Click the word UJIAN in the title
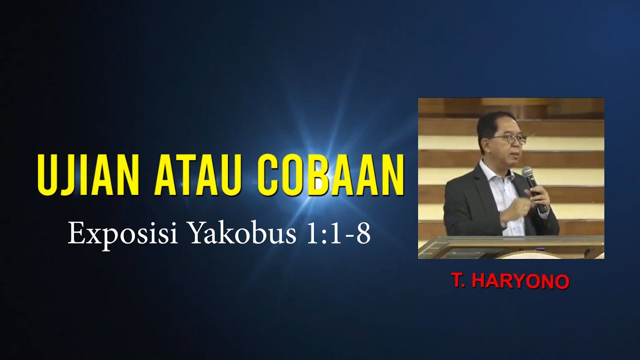pos(89,175)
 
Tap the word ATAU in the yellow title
pos(210,175)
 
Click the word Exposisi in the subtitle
pos(123,233)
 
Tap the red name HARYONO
pos(520,281)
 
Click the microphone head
pos(527,173)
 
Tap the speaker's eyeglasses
pos(509,138)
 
